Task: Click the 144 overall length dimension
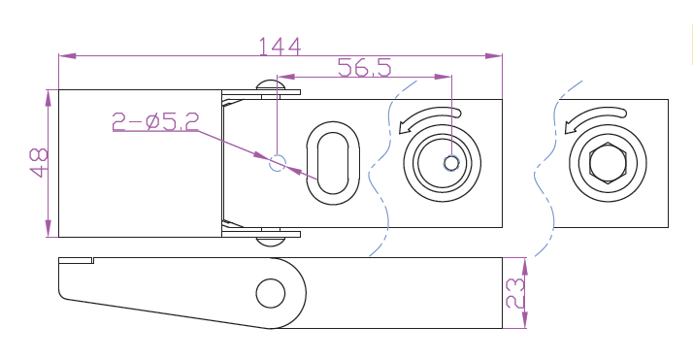[x=280, y=47]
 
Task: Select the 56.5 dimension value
[x=365, y=68]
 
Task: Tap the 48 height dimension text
[x=39, y=163]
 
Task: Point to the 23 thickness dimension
[x=515, y=293]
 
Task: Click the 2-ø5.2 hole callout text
[x=155, y=121]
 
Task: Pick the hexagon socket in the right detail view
[x=608, y=163]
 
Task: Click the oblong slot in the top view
[x=333, y=163]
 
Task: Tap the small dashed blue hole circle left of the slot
[x=278, y=163]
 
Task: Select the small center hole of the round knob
[x=451, y=163]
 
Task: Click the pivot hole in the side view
[x=271, y=293]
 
